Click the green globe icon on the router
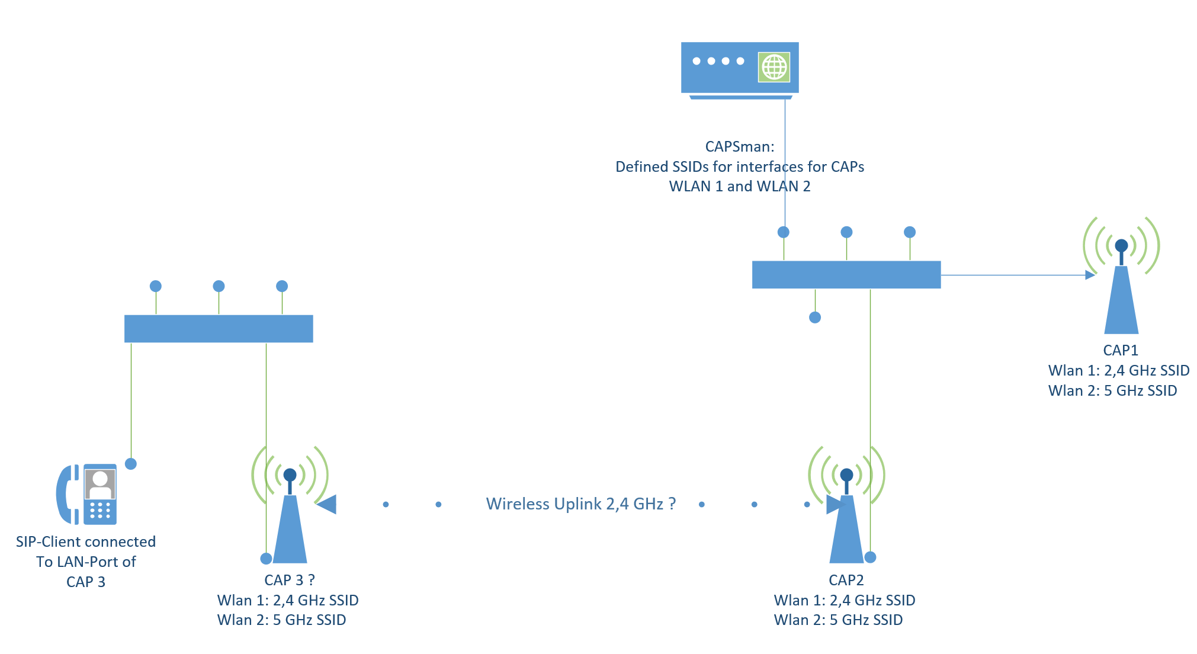[x=774, y=67]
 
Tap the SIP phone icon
[x=87, y=494]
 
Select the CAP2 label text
[x=846, y=580]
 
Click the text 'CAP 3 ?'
[x=289, y=580]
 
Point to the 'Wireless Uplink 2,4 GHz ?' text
[x=580, y=504]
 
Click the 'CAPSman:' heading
[x=739, y=146]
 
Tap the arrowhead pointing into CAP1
[x=1090, y=275]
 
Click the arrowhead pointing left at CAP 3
[x=327, y=504]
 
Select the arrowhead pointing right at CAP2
[x=834, y=504]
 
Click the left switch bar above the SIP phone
[x=219, y=329]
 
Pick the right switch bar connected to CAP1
[x=846, y=275]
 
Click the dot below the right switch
[x=815, y=318]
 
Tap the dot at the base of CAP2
[x=870, y=557]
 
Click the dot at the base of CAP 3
[x=267, y=559]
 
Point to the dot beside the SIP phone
[x=131, y=464]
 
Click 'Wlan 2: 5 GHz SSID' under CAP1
[x=1112, y=391]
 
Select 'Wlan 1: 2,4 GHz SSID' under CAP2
[x=844, y=600]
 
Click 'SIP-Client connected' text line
[x=86, y=541]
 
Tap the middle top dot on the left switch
[x=219, y=286]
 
